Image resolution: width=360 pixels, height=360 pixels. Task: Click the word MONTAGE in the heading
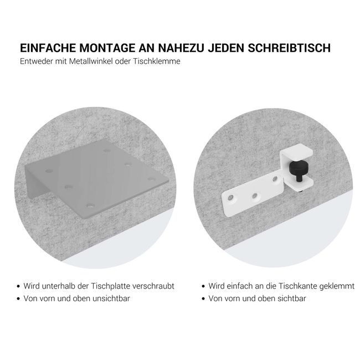coord(97,48)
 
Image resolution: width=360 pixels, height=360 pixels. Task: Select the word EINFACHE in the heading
coord(44,48)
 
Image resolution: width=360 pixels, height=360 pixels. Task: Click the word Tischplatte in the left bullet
coord(111,286)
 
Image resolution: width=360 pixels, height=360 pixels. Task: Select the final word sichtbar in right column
coord(291,299)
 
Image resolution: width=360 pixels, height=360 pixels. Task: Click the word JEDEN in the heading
coord(223,48)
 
